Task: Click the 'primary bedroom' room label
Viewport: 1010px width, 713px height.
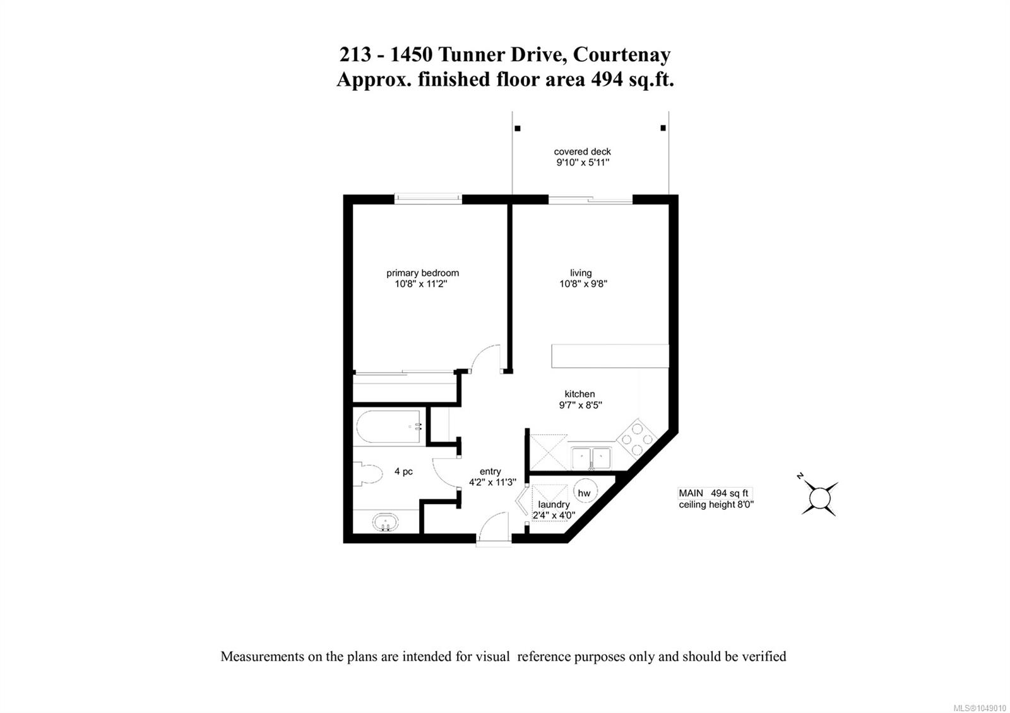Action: tap(422, 273)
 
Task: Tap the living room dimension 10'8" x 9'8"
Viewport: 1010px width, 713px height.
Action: tap(583, 284)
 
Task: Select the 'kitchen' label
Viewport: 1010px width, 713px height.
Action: tap(580, 394)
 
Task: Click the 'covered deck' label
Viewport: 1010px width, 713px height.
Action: tap(582, 152)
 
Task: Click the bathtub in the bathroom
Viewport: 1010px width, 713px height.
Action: tap(389, 426)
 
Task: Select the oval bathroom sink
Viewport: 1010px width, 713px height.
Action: tap(386, 523)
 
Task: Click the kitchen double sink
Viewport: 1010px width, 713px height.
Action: tap(591, 458)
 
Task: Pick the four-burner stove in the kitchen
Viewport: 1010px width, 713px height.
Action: tap(637, 439)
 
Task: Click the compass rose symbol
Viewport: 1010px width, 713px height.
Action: tap(820, 498)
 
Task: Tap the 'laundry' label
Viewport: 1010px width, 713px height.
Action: tap(554, 504)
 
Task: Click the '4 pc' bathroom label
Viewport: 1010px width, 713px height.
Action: tap(403, 471)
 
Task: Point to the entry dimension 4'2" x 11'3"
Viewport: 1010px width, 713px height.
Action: tap(492, 482)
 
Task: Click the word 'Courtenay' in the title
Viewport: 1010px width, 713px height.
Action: tap(621, 54)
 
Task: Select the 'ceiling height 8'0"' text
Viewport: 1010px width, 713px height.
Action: tap(716, 504)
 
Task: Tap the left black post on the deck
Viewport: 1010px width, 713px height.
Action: tap(518, 129)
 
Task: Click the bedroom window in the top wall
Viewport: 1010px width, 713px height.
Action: tap(428, 199)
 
